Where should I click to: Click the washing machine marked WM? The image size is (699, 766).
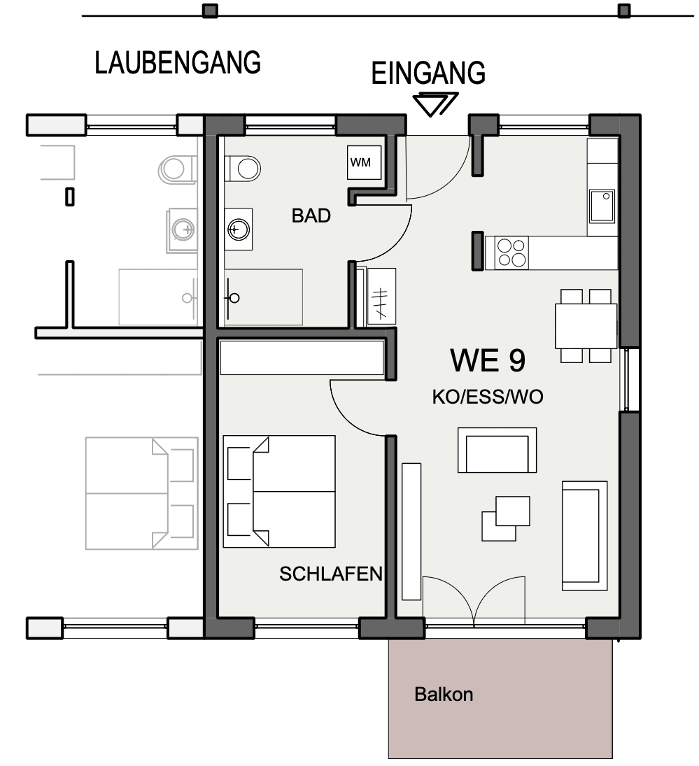tap(364, 162)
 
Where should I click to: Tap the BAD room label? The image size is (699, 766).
tap(311, 215)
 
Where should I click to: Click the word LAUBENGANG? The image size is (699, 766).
tap(178, 62)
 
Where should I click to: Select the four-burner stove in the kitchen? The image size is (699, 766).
tap(511, 253)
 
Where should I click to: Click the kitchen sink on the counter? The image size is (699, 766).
tap(602, 206)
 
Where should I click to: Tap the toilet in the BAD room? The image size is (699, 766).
tap(243, 169)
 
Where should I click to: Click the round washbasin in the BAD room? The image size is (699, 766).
tap(239, 229)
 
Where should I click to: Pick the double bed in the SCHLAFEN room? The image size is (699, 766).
tap(279, 492)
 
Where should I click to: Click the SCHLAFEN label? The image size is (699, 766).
tap(331, 574)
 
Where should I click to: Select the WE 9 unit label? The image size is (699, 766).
tap(488, 360)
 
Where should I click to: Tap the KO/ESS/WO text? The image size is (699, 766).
tap(488, 397)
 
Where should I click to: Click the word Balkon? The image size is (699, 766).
tap(444, 694)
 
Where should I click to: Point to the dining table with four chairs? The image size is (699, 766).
tap(586, 326)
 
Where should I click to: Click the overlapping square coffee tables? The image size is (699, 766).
tap(506, 518)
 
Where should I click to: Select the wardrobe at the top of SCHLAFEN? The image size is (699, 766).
tap(302, 357)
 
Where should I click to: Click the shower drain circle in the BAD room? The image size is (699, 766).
tap(234, 297)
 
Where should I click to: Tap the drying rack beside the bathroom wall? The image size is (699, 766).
tap(381, 296)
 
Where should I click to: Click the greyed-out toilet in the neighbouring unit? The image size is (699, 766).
tap(177, 169)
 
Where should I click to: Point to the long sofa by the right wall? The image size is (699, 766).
tap(585, 536)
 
